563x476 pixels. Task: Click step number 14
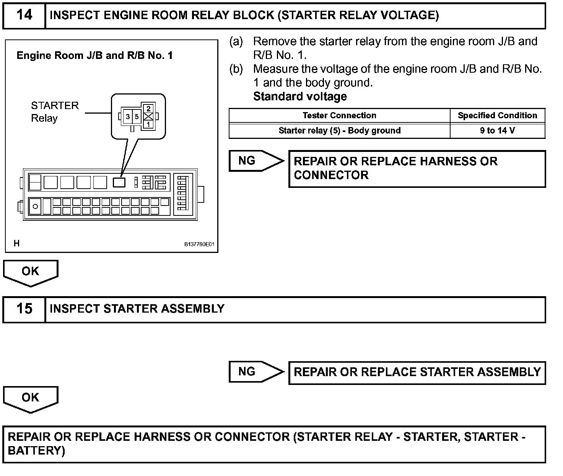24,15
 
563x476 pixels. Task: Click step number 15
24,309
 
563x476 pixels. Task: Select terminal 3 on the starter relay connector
128,117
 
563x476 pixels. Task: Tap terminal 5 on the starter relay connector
137,117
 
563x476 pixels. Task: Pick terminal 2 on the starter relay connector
148,109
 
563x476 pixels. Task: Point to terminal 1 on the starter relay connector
148,124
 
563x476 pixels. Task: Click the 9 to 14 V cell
497,130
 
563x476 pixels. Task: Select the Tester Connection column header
339,116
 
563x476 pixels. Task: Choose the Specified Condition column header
497,116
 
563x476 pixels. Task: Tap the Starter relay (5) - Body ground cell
339,130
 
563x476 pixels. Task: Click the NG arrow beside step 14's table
255,161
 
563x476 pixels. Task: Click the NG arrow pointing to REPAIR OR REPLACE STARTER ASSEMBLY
255,372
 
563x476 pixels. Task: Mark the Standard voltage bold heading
300,96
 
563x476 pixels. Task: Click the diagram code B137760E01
199,244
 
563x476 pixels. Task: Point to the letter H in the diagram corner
16,243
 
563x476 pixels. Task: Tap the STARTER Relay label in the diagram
55,112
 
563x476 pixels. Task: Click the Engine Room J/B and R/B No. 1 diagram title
94,56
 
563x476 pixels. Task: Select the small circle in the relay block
36,207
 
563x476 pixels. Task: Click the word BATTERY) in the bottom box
36,451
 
